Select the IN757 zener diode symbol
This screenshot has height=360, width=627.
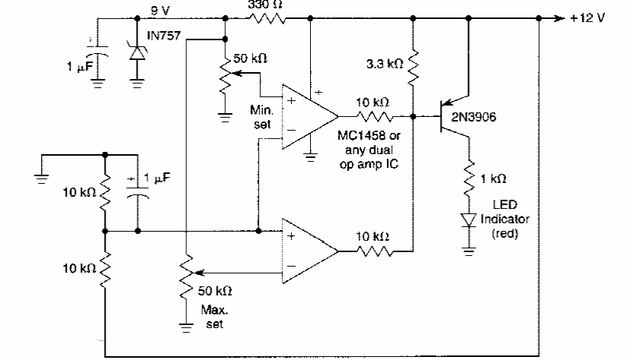137,52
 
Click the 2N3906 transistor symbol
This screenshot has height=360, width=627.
454,118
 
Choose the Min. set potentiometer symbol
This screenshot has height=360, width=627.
225,75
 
